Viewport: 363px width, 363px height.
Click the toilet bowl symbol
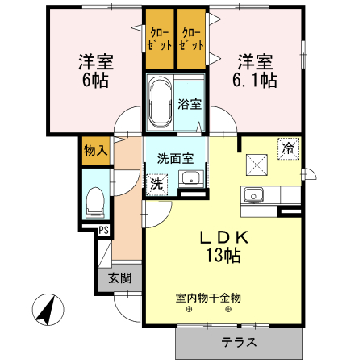click(94, 201)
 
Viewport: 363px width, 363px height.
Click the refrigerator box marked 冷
click(288, 148)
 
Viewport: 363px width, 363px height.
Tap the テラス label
click(240, 342)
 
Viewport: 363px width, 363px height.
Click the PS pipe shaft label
click(103, 232)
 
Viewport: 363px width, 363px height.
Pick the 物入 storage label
click(94, 150)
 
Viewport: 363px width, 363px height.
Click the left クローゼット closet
click(160, 40)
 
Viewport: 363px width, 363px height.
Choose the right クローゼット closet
click(191, 40)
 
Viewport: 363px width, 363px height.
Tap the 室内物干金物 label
click(208, 298)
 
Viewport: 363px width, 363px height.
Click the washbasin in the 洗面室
click(189, 179)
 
